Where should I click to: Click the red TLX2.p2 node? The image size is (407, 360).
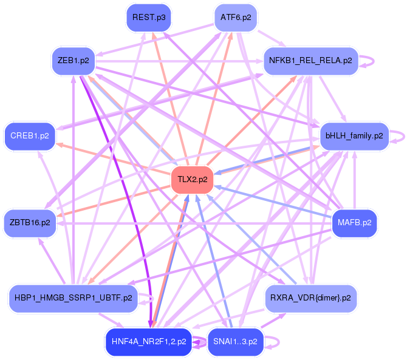pos(193,180)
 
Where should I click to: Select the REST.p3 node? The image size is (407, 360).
pos(149,18)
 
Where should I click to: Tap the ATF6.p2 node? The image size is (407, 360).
pos(236,18)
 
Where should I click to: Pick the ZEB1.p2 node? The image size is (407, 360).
pos(74,61)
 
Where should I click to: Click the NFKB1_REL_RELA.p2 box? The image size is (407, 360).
pos(310,61)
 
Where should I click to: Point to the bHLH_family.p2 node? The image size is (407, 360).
pos(354,135)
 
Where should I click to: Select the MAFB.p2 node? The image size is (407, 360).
pos(354,223)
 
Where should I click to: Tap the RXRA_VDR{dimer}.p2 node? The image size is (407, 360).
pos(312,298)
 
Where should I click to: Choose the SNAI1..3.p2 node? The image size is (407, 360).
pos(236,341)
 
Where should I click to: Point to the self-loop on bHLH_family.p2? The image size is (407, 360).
pos(398,136)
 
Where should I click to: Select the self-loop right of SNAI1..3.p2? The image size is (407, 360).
pos(275,342)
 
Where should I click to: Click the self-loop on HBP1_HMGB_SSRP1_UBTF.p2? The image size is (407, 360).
pos(148,298)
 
